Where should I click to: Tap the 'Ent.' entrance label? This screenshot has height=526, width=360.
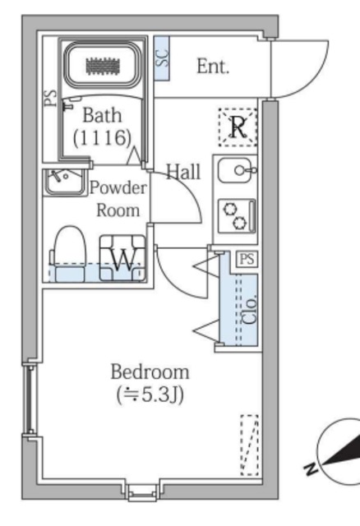click(213, 66)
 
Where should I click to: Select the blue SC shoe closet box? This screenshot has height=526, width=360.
click(162, 58)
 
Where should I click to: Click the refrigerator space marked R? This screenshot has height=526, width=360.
click(238, 127)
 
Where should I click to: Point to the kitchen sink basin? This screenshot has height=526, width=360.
click(235, 170)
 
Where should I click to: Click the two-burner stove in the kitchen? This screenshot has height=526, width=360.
click(237, 216)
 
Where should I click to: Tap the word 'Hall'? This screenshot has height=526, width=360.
click(183, 172)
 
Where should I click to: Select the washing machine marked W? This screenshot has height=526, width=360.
click(122, 257)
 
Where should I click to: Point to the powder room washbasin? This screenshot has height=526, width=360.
click(65, 182)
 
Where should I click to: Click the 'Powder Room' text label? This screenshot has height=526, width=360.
click(118, 199)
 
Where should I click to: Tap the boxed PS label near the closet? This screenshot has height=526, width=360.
click(247, 260)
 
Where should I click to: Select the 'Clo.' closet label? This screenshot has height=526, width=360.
click(250, 309)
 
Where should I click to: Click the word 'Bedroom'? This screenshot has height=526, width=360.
click(150, 371)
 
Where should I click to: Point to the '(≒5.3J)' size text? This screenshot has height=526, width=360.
click(150, 394)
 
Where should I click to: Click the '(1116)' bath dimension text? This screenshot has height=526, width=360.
click(102, 138)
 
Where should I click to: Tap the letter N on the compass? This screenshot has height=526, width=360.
click(312, 468)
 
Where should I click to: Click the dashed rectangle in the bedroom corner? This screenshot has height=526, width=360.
click(250, 445)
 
